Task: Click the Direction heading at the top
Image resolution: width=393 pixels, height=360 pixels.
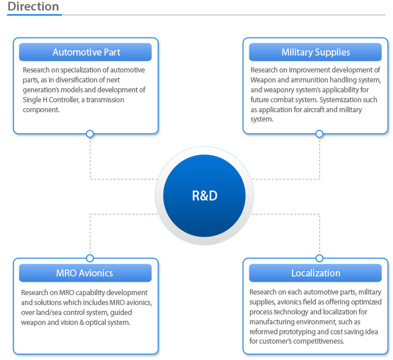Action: point(33,6)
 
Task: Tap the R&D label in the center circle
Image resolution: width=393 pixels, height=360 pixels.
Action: point(204,196)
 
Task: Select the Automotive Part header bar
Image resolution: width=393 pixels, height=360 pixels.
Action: point(85,52)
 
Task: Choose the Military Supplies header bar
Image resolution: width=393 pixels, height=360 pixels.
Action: point(315,52)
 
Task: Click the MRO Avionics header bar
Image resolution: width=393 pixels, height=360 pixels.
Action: point(85,273)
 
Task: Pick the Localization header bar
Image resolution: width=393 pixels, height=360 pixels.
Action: point(315,273)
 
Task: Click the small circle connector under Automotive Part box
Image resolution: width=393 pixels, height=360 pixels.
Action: point(90,134)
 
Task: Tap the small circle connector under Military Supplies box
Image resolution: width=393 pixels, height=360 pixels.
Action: point(319,134)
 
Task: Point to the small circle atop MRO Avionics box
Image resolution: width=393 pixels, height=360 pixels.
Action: point(90,258)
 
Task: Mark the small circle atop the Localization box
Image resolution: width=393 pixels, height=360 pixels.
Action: point(319,258)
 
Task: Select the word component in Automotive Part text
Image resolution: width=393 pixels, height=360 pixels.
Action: point(41,110)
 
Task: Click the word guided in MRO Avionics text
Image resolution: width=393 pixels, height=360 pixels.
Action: point(121,313)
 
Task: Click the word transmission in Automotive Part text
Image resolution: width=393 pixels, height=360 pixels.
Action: point(105,100)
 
